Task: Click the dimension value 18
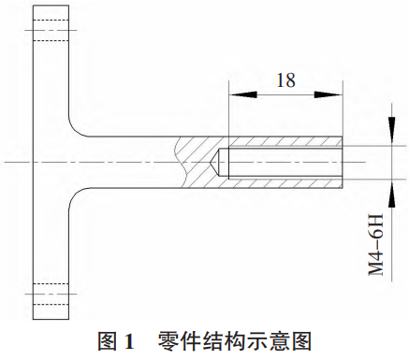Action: click(x=285, y=80)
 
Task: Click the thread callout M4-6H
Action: click(x=377, y=240)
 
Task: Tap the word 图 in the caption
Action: click(x=106, y=340)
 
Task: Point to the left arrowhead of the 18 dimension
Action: click(x=235, y=94)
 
